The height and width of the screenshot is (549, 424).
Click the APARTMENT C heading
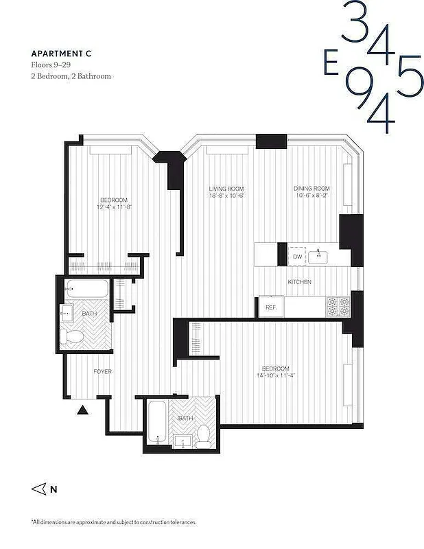point(60,53)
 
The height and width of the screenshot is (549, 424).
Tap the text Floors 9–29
point(53,65)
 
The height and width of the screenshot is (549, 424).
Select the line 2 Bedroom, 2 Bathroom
point(71,76)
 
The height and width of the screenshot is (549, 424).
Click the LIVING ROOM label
point(226,189)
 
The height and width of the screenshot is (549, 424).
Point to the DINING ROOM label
point(312,189)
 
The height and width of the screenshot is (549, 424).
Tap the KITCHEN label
point(300,282)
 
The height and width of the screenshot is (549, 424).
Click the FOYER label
point(103,371)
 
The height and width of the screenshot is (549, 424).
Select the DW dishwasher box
point(297,257)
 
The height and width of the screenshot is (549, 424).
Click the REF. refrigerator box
point(270,307)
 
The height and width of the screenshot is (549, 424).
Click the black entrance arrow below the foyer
point(82,410)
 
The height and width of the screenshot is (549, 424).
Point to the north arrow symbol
point(39,489)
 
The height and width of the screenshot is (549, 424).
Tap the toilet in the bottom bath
point(204,436)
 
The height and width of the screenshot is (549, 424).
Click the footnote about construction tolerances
point(113,522)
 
